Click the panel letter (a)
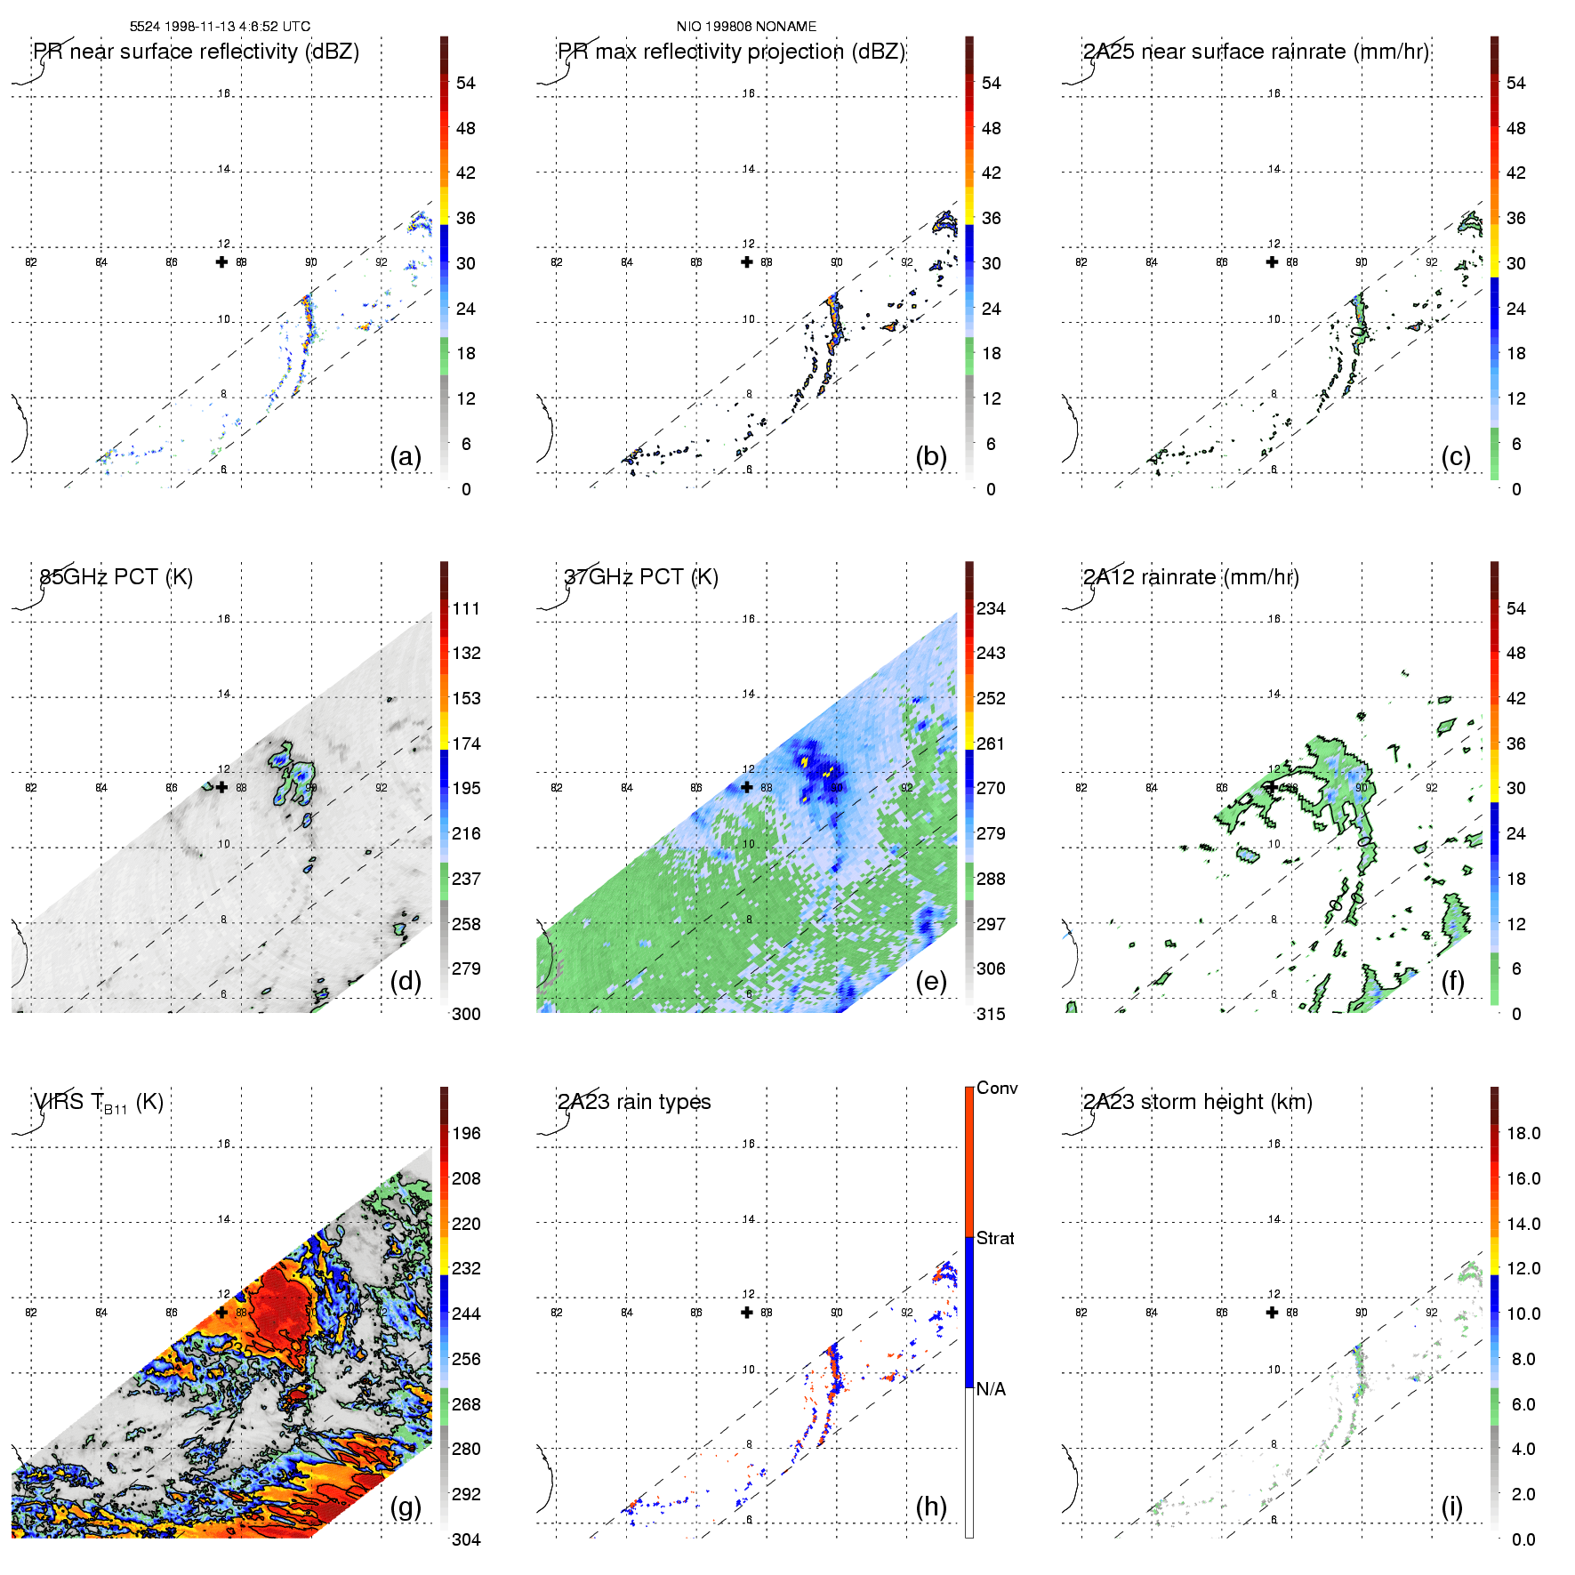point(406,457)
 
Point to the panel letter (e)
point(930,982)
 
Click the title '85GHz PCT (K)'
point(117,577)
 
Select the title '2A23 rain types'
point(634,1102)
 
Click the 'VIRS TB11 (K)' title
point(98,1103)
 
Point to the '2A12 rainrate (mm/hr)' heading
point(1191,577)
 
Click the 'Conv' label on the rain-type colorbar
point(997,1088)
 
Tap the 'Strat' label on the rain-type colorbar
point(995,1238)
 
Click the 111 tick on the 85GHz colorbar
point(466,608)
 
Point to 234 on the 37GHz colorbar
point(991,608)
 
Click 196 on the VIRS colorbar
point(466,1133)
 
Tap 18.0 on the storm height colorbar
point(1523,1133)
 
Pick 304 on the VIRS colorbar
point(466,1539)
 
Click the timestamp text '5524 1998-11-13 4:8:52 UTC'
point(220,27)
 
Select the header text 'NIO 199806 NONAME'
point(746,27)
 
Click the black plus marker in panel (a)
point(221,261)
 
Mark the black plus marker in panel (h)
point(747,1312)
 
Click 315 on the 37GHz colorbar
point(991,1014)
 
